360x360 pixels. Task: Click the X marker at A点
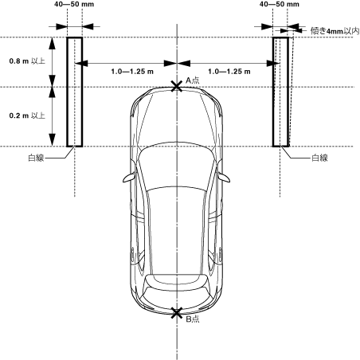click(177, 87)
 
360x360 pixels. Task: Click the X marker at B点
click(177, 313)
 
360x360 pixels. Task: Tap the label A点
click(192, 80)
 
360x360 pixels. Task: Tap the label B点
click(192, 319)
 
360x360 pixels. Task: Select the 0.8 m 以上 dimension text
click(27, 61)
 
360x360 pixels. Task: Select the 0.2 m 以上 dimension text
click(27, 115)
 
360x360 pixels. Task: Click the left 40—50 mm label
click(74, 4)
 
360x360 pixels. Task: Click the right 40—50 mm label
click(280, 4)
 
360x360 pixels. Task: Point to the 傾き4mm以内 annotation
click(335, 31)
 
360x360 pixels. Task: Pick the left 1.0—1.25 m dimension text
click(132, 72)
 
